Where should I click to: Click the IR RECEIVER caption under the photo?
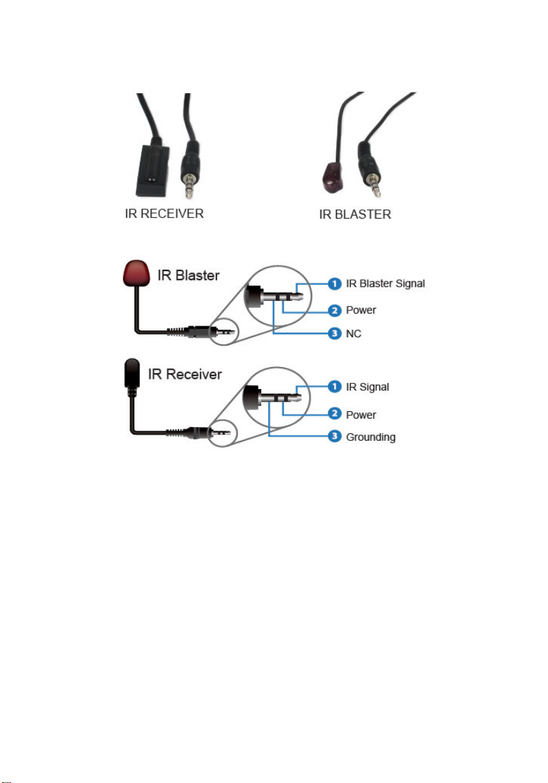click(159, 213)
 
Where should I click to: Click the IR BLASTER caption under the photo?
click(355, 214)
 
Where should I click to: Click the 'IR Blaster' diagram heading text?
click(185, 275)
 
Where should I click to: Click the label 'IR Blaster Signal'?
click(385, 284)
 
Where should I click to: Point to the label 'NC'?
click(354, 334)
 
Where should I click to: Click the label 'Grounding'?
click(371, 437)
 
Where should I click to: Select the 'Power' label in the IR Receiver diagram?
click(361, 415)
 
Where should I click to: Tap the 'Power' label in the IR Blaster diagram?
click(361, 310)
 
